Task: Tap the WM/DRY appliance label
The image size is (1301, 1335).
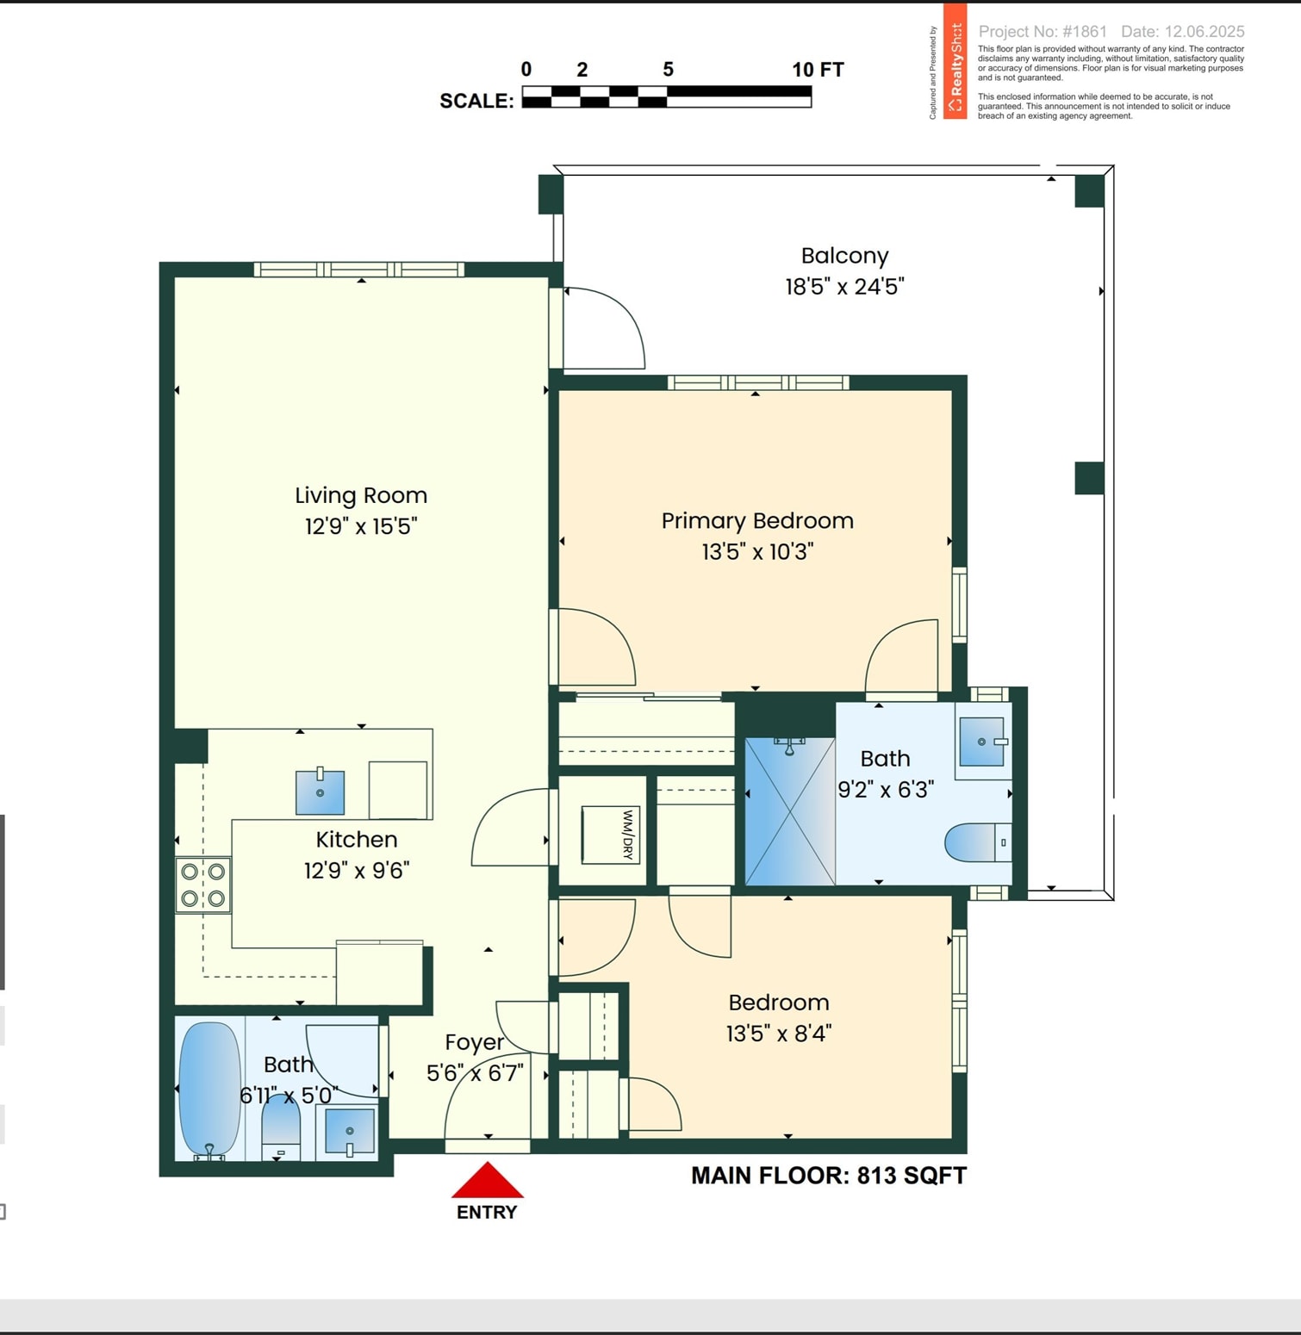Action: tap(628, 835)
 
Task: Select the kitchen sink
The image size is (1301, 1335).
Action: tap(321, 792)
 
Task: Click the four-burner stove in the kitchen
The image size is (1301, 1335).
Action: tap(203, 885)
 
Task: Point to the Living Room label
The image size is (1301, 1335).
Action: tap(361, 495)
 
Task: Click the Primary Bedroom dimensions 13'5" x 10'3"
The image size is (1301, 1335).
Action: tap(757, 551)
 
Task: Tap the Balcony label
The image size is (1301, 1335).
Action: tap(844, 256)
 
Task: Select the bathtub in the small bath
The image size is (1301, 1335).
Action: tap(209, 1090)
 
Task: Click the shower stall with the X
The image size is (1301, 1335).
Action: tap(790, 811)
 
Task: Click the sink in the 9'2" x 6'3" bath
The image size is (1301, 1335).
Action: tap(982, 742)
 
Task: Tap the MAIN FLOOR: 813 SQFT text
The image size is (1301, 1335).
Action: tap(829, 1176)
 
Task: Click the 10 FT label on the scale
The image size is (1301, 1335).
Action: tap(818, 70)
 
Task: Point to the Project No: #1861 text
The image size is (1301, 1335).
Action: tap(1043, 32)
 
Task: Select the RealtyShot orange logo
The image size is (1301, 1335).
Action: tap(955, 61)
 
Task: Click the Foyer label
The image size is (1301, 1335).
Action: tap(475, 1042)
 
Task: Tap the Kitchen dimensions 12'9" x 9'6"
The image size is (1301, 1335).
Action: tap(357, 871)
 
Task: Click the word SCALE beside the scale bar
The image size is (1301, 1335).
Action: tap(476, 101)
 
